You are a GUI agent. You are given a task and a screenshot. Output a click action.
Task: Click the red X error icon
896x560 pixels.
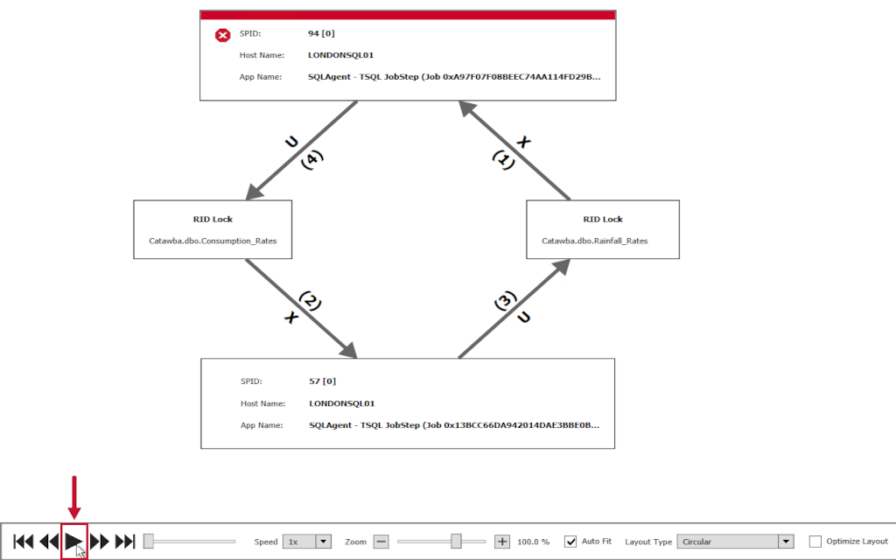click(223, 35)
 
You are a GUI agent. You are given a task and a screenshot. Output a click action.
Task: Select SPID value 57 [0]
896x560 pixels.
click(323, 381)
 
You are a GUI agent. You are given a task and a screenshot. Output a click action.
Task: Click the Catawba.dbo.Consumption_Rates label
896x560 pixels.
click(213, 241)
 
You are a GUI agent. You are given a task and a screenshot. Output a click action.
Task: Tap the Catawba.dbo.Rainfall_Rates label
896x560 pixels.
click(595, 241)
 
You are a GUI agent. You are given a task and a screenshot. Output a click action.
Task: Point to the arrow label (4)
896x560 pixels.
click(311, 159)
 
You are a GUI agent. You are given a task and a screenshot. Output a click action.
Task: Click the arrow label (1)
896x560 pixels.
click(502, 159)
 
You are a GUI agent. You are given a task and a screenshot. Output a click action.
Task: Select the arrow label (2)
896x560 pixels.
click(311, 301)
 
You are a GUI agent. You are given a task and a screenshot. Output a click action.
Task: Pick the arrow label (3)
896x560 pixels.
click(504, 302)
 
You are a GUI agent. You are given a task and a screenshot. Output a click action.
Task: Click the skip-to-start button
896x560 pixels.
click(24, 542)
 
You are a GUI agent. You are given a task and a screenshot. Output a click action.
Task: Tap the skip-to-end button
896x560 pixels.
click(125, 542)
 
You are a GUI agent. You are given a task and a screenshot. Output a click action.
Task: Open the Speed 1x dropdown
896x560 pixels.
click(306, 542)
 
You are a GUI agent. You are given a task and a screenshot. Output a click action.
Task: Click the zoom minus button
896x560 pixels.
click(381, 542)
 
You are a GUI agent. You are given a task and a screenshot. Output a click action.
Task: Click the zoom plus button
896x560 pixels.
click(502, 542)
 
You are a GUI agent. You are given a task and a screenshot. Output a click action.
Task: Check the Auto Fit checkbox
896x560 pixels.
click(570, 542)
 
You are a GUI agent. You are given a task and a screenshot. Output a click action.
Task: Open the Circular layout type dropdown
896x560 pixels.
click(735, 542)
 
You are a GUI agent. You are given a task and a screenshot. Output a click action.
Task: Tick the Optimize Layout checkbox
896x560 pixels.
click(815, 542)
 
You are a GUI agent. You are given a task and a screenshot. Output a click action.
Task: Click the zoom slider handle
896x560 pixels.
click(456, 542)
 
